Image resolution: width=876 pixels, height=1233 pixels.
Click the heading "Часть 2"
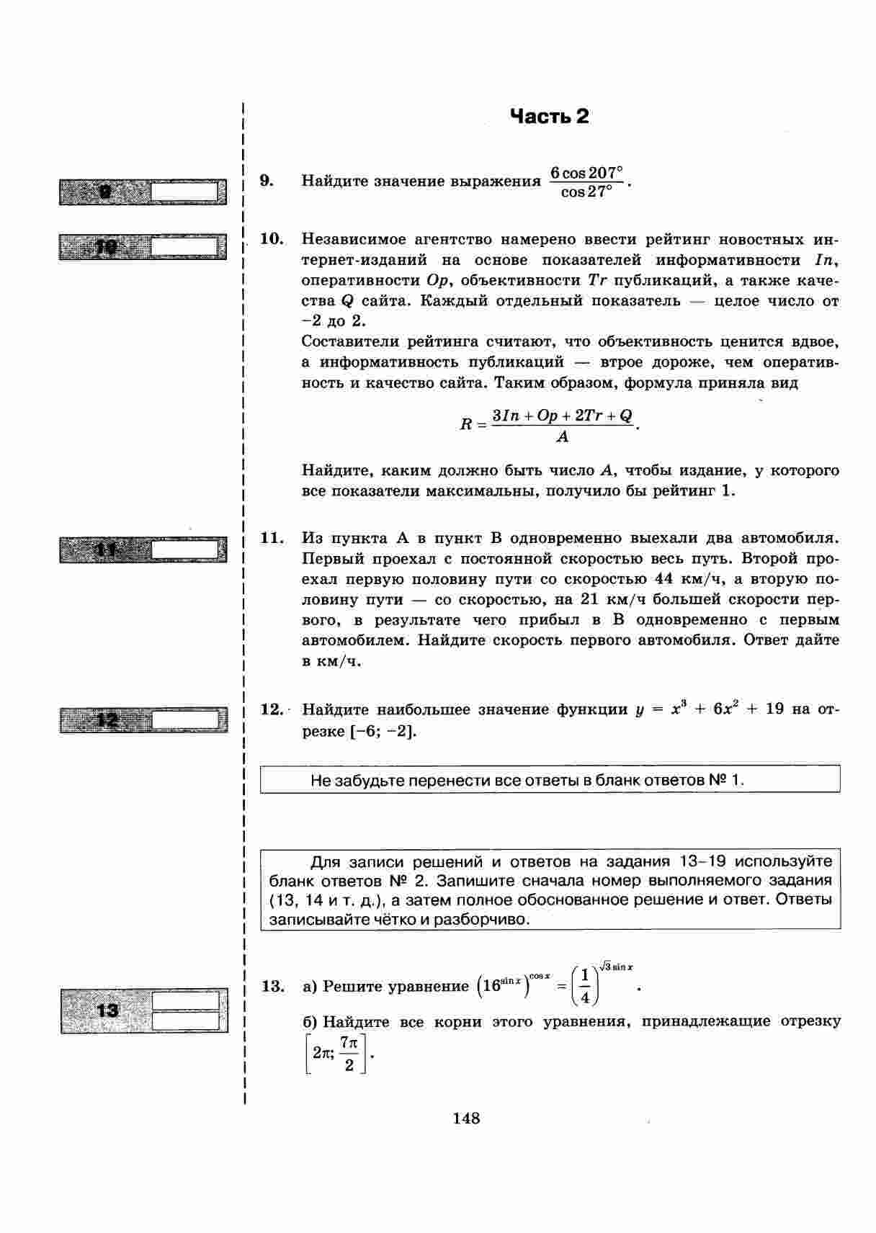click(x=549, y=117)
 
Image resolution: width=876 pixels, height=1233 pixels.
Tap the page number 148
click(x=466, y=1118)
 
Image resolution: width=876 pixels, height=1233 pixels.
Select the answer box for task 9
click(x=184, y=192)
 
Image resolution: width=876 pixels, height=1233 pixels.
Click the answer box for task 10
click(x=184, y=247)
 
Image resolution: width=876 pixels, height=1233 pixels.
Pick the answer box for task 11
click(x=184, y=550)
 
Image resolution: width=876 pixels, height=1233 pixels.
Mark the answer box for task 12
click(x=184, y=719)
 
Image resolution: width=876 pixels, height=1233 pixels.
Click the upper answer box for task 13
click(x=185, y=1001)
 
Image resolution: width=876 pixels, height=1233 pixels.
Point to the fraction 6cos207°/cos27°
click(x=585, y=183)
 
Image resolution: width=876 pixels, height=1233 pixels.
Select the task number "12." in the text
click(x=272, y=709)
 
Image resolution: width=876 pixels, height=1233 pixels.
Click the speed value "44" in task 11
click(x=663, y=579)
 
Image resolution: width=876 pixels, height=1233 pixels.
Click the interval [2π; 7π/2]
click(x=336, y=1054)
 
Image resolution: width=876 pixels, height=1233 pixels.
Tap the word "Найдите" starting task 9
click(x=334, y=181)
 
